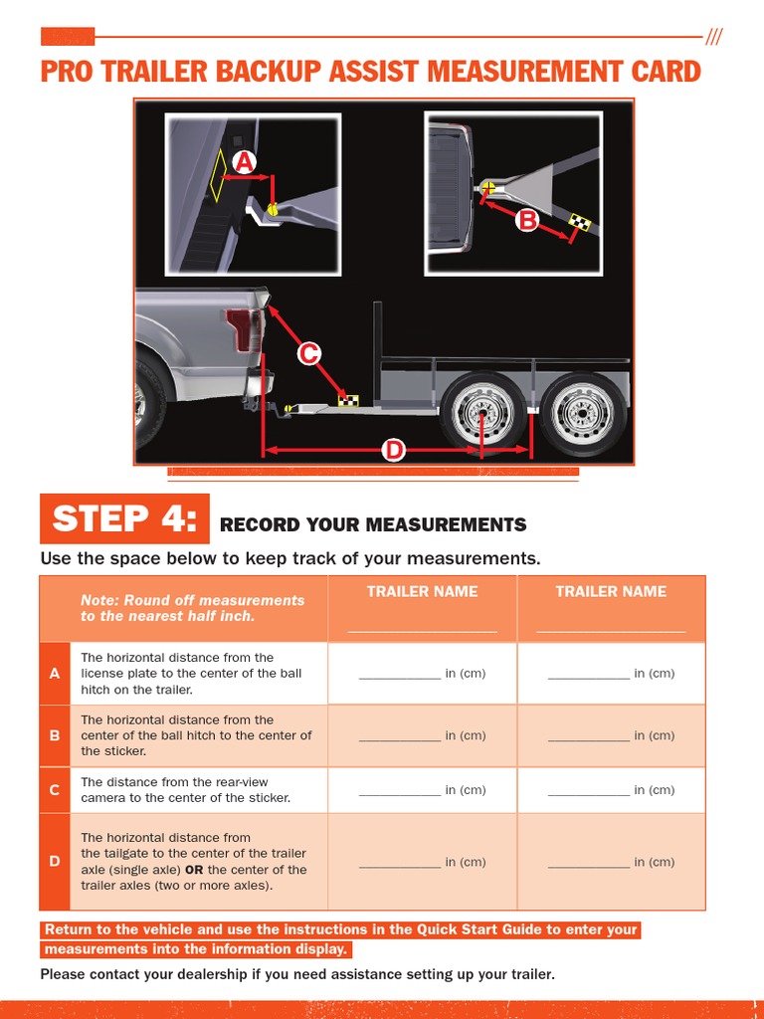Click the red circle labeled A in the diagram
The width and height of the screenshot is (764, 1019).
coord(244,162)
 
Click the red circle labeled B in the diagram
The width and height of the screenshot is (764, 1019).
coord(526,220)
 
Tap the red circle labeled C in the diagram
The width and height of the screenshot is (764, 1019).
coord(309,352)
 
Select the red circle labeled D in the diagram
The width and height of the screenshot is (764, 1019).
coord(395,450)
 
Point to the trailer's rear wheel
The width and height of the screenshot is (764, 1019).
coord(583,413)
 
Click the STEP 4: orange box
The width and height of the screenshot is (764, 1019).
coord(124,519)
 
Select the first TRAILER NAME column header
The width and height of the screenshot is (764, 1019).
coord(422,591)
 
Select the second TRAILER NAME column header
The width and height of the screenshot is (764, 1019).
coord(611,591)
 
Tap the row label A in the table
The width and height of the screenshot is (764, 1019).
coord(55,674)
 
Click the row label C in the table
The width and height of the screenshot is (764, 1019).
coord(55,790)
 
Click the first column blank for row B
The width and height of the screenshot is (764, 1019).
coord(400,736)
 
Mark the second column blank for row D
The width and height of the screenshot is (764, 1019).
coord(589,863)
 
